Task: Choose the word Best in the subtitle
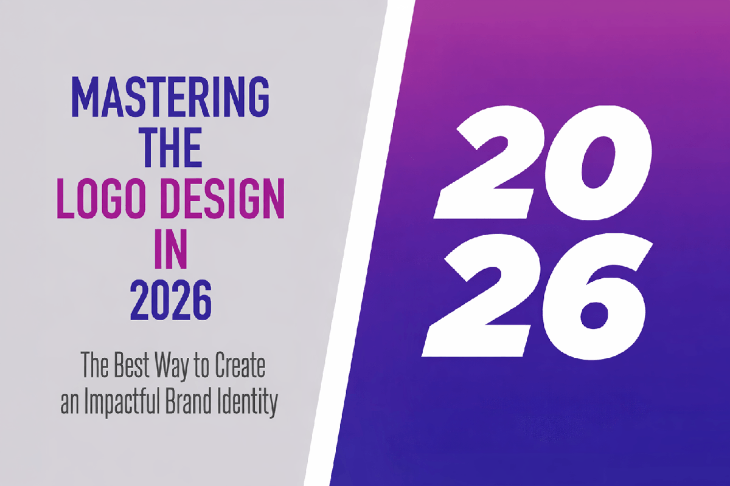click(x=137, y=368)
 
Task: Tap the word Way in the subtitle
click(x=182, y=369)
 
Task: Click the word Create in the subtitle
click(x=243, y=368)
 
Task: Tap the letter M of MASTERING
click(x=85, y=97)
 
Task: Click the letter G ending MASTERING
click(x=256, y=97)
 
